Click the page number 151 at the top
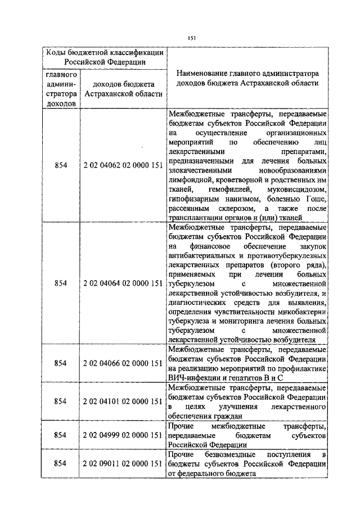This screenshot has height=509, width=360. [x=191, y=38]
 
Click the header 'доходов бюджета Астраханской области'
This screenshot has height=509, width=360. [x=123, y=89]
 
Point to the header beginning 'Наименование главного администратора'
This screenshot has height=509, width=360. [x=247, y=78]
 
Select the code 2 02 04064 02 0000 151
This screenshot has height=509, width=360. [x=123, y=283]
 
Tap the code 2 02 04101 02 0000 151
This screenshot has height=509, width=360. [x=123, y=401]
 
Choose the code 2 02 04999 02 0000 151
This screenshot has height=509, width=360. [x=123, y=435]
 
